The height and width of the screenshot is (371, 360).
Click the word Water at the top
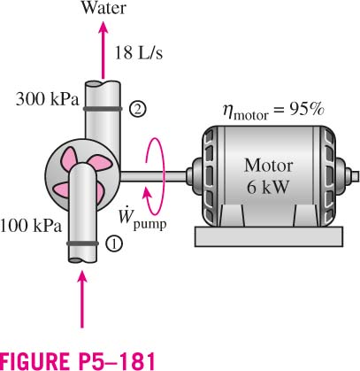[103, 8]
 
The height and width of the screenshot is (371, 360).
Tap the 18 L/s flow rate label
[138, 53]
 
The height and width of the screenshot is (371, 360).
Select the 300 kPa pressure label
[48, 99]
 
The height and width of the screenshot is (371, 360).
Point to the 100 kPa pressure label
[31, 226]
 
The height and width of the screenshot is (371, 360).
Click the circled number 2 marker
[137, 109]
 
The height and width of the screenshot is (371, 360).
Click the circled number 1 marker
[114, 243]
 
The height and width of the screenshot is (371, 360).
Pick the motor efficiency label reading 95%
[273, 112]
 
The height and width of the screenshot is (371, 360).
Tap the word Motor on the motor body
[268, 166]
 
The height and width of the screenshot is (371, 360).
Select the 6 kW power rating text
[267, 187]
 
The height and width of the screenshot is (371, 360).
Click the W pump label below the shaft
[142, 220]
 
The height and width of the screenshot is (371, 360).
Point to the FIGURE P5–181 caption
[78, 361]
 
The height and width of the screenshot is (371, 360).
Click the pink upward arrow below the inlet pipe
[82, 299]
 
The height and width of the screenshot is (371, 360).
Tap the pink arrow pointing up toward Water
[103, 50]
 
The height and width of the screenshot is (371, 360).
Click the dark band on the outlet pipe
[103, 109]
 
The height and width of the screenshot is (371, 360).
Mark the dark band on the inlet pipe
[82, 243]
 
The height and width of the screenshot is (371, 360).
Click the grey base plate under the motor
[269, 236]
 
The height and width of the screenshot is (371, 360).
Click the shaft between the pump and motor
[153, 176]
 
